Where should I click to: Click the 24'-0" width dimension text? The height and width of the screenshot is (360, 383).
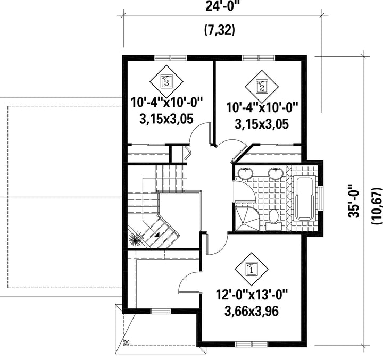point(222,5)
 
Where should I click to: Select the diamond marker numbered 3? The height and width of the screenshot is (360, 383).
point(166,81)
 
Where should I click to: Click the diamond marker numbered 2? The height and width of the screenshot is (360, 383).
point(262,87)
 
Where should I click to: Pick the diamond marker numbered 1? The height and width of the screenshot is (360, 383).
point(252,269)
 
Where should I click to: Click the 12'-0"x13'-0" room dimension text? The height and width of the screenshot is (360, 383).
point(252,295)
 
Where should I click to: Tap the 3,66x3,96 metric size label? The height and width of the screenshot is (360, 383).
point(252,311)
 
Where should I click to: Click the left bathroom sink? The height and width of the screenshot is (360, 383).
point(245,173)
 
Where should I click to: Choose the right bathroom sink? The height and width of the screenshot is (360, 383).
point(276,173)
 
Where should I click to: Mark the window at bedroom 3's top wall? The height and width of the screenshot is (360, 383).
point(170,58)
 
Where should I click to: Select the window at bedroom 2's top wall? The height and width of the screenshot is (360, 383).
point(259,58)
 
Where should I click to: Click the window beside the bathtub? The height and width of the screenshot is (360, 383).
point(320,198)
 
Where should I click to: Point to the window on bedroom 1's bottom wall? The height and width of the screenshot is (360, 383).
point(252,345)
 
